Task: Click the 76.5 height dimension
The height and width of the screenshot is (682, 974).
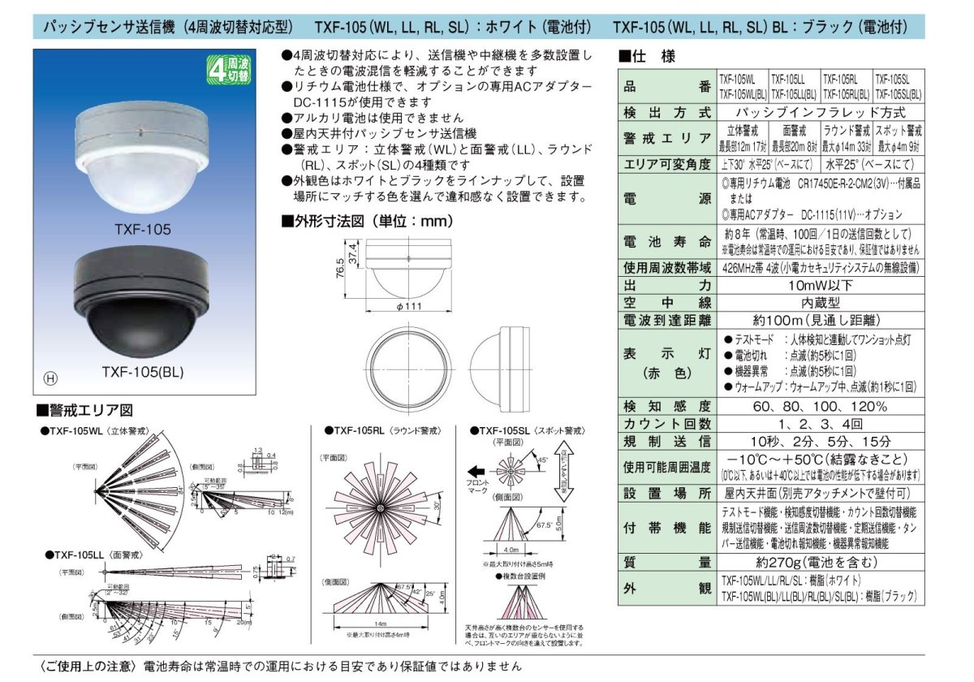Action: (341, 266)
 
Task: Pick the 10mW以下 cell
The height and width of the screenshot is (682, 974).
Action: (819, 285)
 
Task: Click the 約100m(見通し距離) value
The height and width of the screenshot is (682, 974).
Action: (819, 320)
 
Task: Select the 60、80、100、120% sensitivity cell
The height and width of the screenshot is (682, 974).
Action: (819, 406)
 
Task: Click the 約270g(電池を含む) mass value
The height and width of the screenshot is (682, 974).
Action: (819, 561)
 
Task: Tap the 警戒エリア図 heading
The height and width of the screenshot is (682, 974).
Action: (84, 410)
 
